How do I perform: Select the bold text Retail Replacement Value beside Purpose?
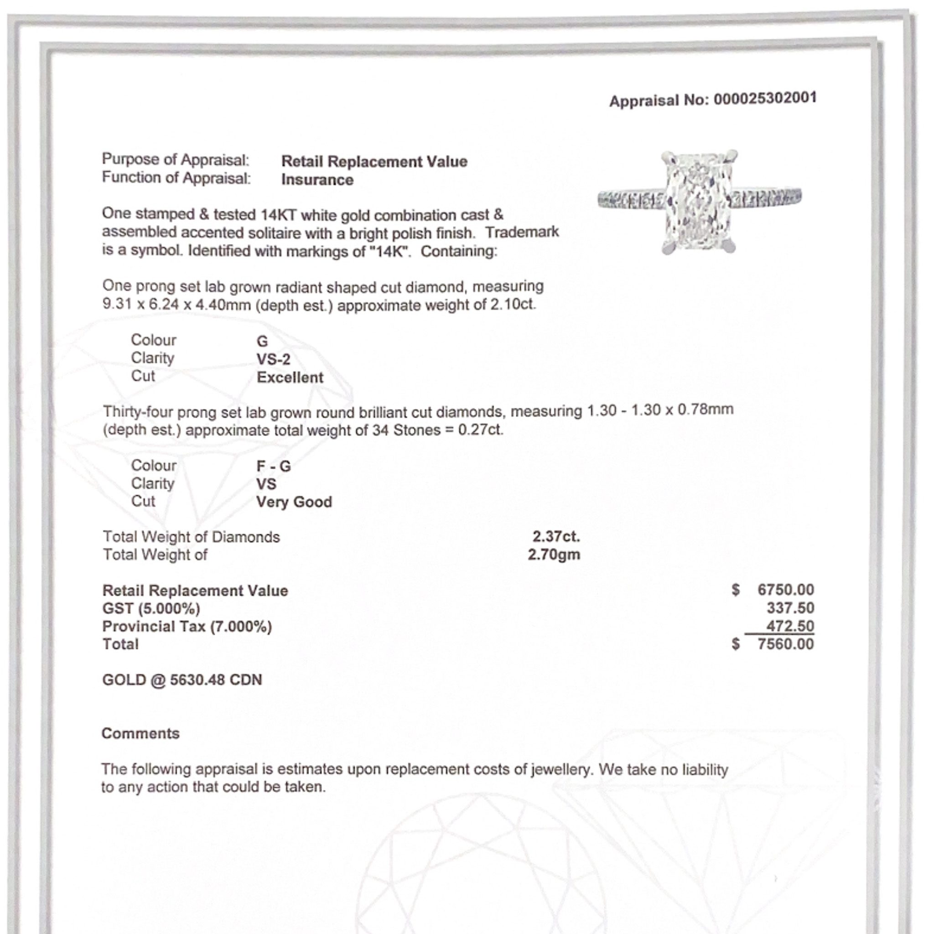(374, 161)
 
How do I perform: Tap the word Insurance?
(317, 180)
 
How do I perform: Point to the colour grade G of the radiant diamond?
(262, 341)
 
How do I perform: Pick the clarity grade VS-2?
(273, 359)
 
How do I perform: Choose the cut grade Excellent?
(290, 378)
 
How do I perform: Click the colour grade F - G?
(273, 466)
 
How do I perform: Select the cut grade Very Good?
(294, 502)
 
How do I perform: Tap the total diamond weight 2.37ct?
(556, 536)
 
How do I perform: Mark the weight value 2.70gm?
(554, 555)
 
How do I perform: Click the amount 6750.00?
(786, 590)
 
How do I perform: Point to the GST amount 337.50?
(790, 608)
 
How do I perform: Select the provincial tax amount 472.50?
(790, 626)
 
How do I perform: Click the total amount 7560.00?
(786, 644)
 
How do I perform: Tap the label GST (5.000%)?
(151, 609)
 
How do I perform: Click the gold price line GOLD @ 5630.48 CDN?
(182, 680)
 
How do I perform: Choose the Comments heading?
(140, 733)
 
